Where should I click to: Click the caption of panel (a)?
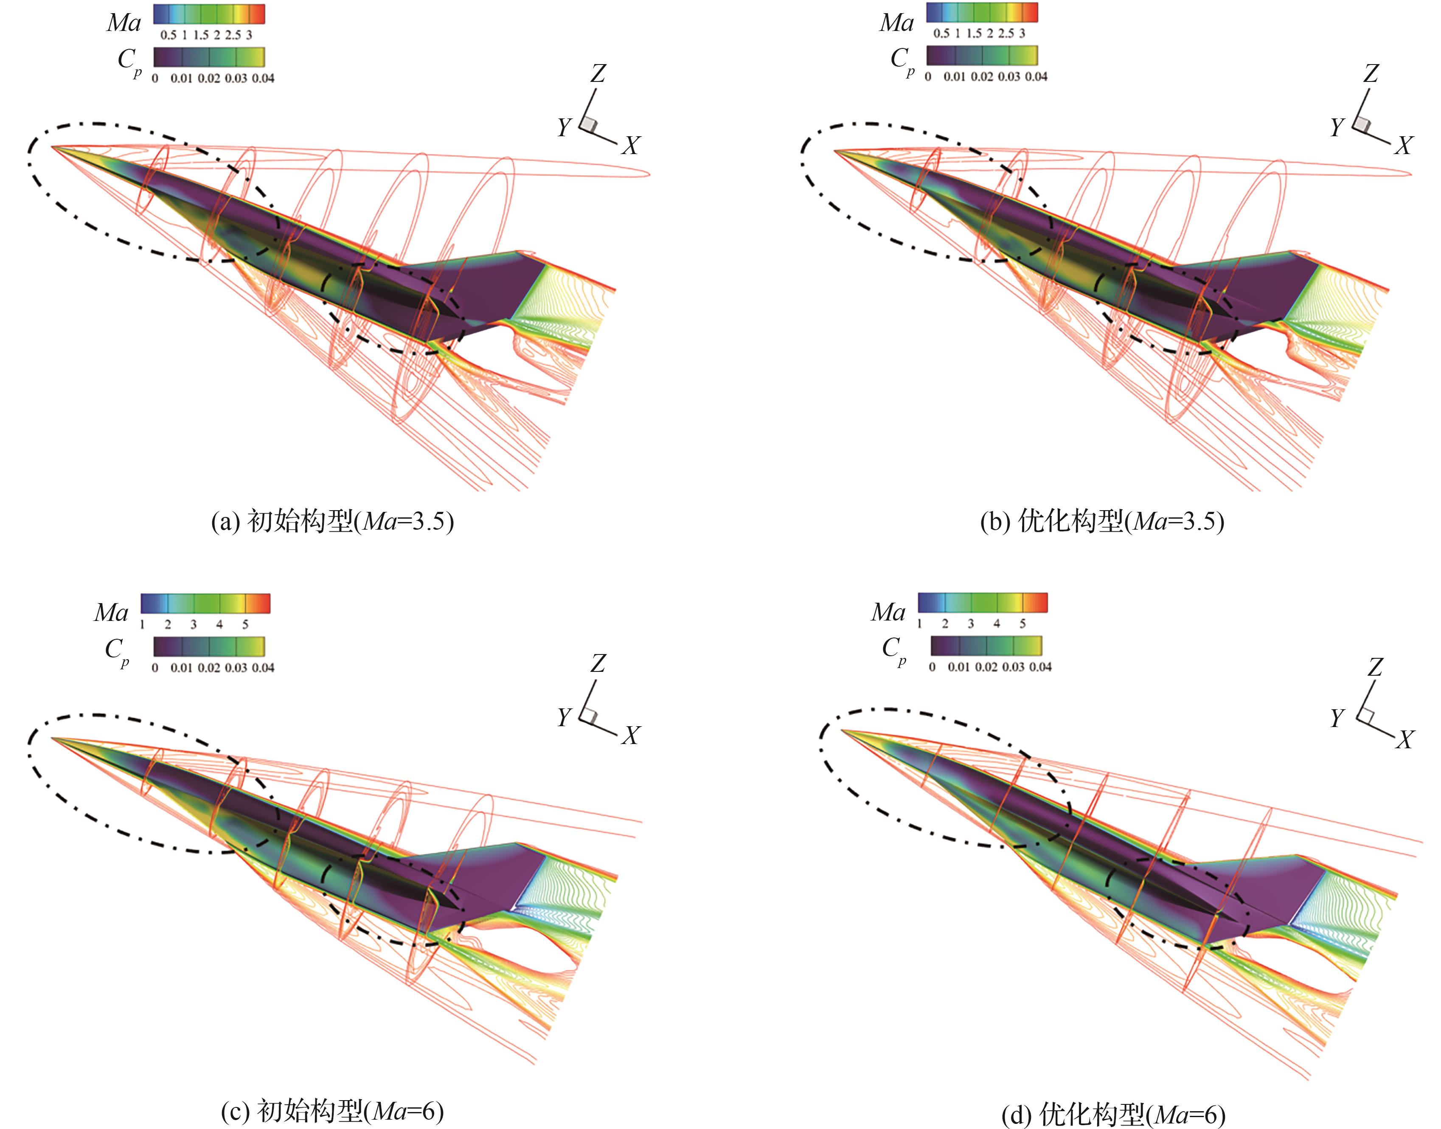tap(332, 522)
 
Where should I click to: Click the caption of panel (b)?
tap(1102, 522)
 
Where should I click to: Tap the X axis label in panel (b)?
tap(1403, 146)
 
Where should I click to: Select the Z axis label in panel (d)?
tap(1375, 667)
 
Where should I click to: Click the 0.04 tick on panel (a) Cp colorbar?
tap(262, 78)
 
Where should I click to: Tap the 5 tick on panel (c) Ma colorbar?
tap(245, 624)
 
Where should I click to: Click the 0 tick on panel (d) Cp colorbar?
tap(932, 667)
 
